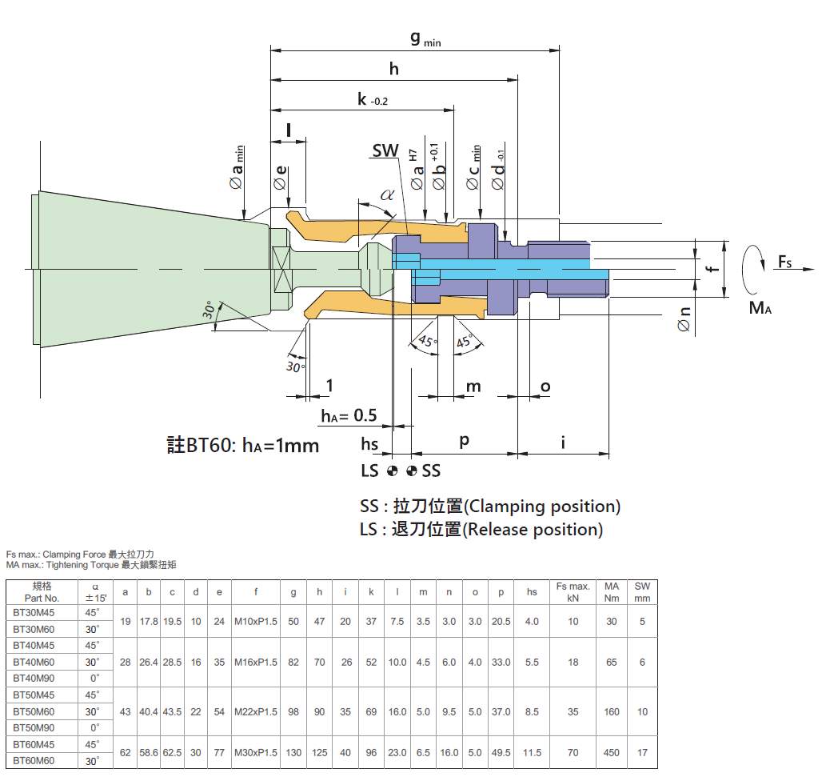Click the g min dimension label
coord(425,39)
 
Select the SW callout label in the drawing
coord(385,150)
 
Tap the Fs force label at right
coord(784,262)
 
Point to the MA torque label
coord(760,307)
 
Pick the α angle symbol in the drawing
coord(387,195)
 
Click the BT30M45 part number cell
coord(34,613)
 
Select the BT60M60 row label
coord(34,761)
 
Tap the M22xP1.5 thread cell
coord(255,711)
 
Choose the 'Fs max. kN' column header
coord(573,592)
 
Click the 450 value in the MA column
coord(611,752)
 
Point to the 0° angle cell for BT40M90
coord(94,679)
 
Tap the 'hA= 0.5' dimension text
coord(349,415)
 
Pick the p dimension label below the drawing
coord(464,441)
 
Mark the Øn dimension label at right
coord(684,319)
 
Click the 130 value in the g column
coord(293,752)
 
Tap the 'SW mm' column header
coord(642,592)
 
